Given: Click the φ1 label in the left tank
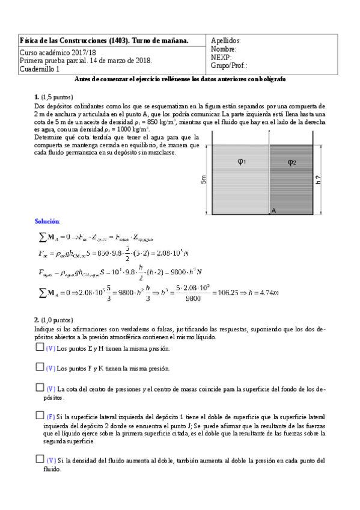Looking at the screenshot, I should (x=241, y=162).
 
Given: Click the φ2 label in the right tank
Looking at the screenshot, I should (x=291, y=162).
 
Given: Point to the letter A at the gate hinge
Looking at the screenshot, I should (x=273, y=210).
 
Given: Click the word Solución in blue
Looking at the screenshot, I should (x=47, y=222).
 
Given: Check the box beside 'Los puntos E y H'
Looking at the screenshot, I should (x=40, y=348).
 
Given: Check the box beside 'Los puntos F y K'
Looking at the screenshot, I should (x=40, y=367).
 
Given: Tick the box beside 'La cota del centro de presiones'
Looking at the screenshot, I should (x=40, y=388).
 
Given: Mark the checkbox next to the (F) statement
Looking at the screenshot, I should (x=40, y=415).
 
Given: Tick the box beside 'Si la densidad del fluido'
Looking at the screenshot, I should (x=40, y=459).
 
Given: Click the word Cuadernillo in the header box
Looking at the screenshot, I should (x=37, y=69).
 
